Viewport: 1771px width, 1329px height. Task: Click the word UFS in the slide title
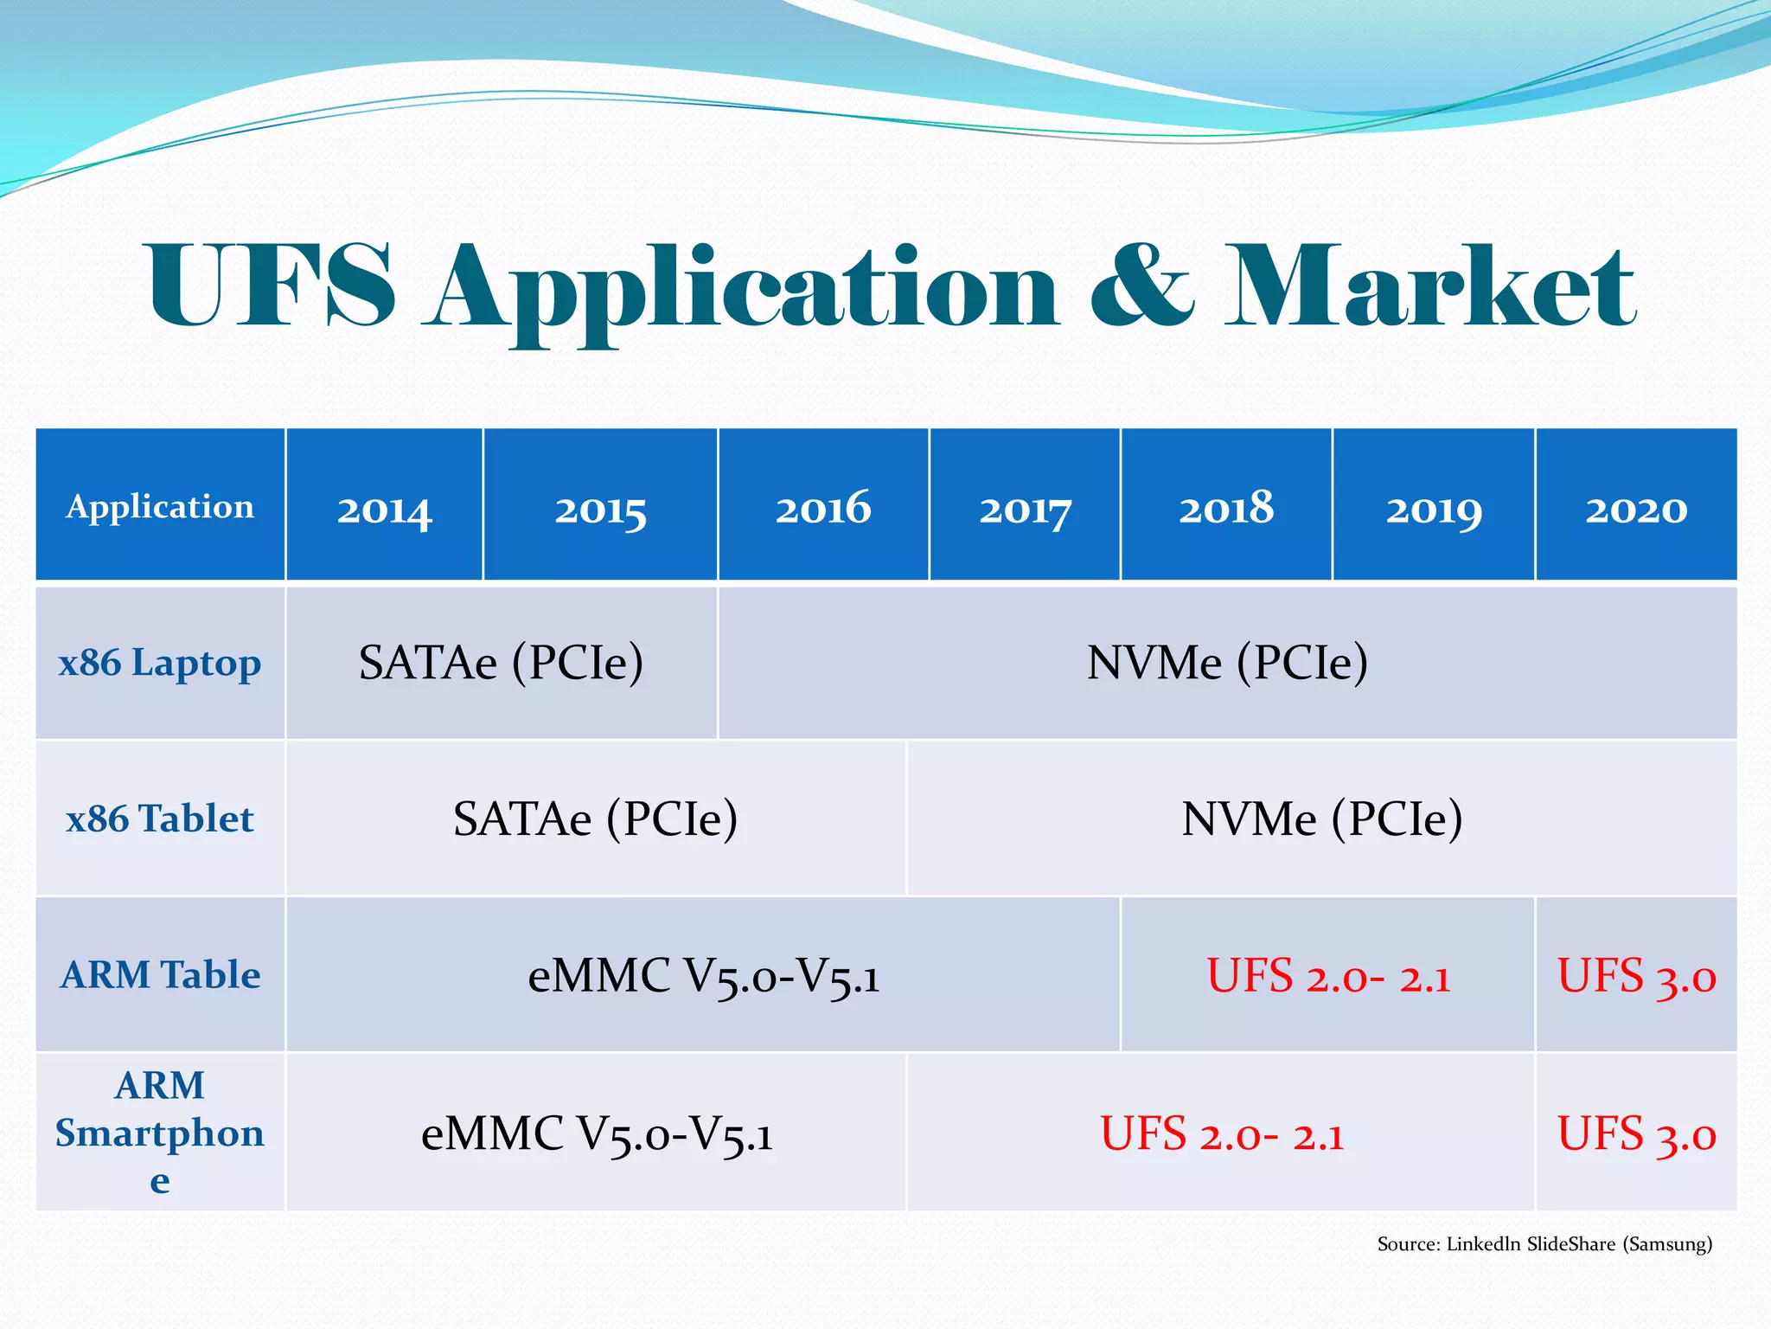tap(272, 286)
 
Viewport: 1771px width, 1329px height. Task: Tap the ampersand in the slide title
tap(1141, 286)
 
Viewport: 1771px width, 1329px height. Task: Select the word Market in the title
tap(1430, 286)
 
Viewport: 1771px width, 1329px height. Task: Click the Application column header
tap(160, 506)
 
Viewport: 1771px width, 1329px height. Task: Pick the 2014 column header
tap(384, 510)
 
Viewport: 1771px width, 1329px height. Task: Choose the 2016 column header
tap(822, 508)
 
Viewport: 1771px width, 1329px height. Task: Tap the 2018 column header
tap(1225, 508)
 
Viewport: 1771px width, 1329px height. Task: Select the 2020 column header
tap(1635, 510)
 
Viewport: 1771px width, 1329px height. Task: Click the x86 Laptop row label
tap(160, 664)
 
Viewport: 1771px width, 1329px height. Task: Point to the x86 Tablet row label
tap(160, 819)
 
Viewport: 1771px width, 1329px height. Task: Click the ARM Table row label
tap(160, 975)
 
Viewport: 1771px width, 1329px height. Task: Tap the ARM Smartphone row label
tap(160, 1132)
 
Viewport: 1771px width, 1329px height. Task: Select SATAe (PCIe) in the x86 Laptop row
tap(501, 663)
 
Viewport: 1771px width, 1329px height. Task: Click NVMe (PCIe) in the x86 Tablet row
tap(1321, 819)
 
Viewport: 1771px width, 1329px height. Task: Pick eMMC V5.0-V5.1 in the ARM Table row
tap(703, 977)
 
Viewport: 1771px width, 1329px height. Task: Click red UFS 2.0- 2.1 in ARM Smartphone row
tap(1221, 1133)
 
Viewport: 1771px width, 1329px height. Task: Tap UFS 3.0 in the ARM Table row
tap(1635, 977)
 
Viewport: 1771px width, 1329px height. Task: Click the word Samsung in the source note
tap(1666, 1244)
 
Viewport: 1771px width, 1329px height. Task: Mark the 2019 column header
tap(1433, 510)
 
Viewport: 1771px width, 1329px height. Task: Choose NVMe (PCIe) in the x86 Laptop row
tap(1226, 663)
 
